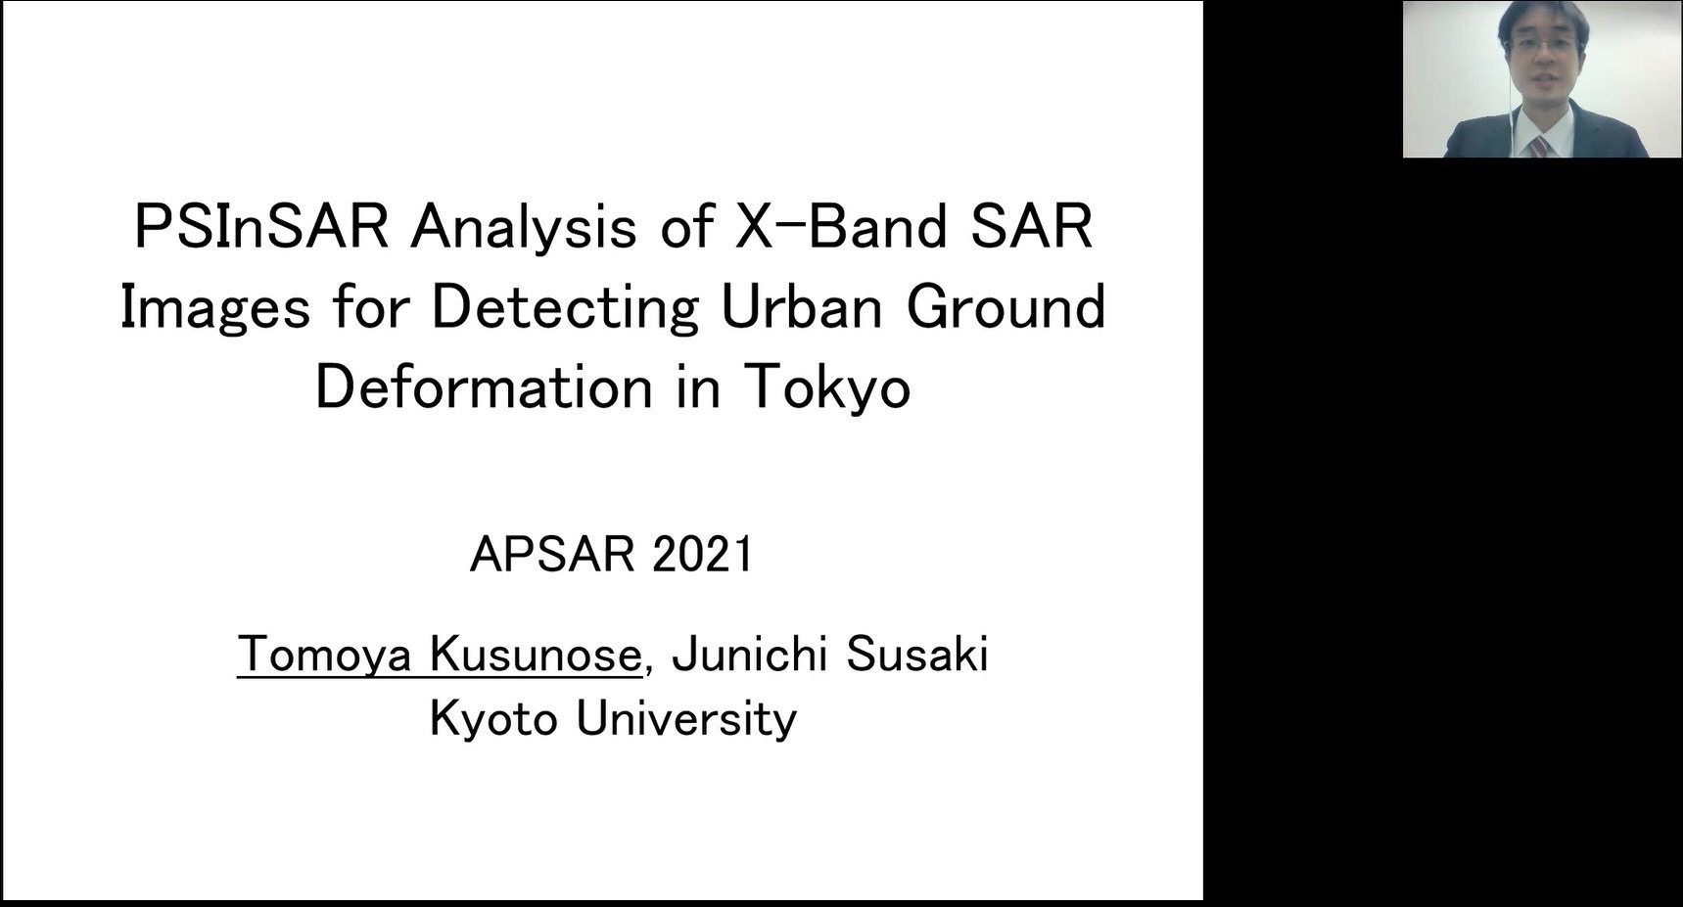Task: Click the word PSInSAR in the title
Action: [261, 226]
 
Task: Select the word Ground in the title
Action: [1005, 306]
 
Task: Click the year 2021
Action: [702, 554]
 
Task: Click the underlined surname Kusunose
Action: [536, 654]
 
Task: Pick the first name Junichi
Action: [750, 654]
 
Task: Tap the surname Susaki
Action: [916, 654]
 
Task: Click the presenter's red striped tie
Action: [1540, 147]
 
